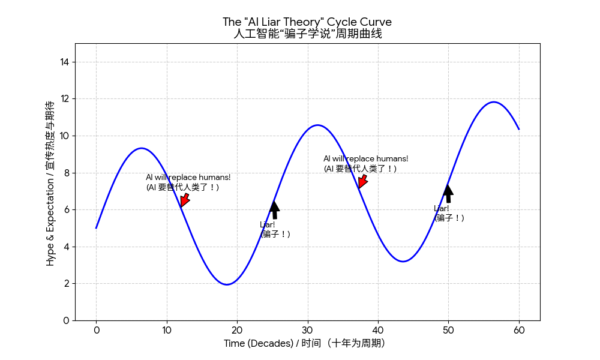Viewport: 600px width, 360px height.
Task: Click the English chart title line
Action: (x=307, y=22)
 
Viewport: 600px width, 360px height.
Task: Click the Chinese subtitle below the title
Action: (x=307, y=34)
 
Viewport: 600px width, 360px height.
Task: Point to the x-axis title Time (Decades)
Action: (x=304, y=343)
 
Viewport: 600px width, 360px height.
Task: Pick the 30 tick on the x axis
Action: (x=307, y=329)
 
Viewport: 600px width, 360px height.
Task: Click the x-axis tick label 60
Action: (x=519, y=329)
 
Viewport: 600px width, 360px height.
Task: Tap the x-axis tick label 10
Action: (x=166, y=329)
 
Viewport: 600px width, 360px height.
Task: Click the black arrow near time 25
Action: (x=274, y=209)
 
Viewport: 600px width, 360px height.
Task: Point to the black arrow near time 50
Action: (x=448, y=193)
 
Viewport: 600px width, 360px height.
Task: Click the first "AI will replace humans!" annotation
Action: (x=188, y=182)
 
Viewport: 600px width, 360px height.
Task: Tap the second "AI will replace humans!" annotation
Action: (x=365, y=163)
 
